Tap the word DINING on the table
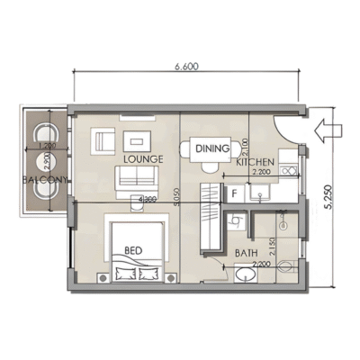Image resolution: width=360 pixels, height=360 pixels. pyautogui.click(x=212, y=148)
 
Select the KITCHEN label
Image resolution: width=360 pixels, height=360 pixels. pyautogui.click(x=255, y=163)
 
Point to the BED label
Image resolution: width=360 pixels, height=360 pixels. pyautogui.click(x=131, y=249)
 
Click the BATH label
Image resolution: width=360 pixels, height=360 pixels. pyautogui.click(x=247, y=255)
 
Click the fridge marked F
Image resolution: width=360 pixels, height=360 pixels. pyautogui.click(x=234, y=192)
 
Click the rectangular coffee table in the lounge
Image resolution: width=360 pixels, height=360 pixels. pyautogui.click(x=138, y=139)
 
